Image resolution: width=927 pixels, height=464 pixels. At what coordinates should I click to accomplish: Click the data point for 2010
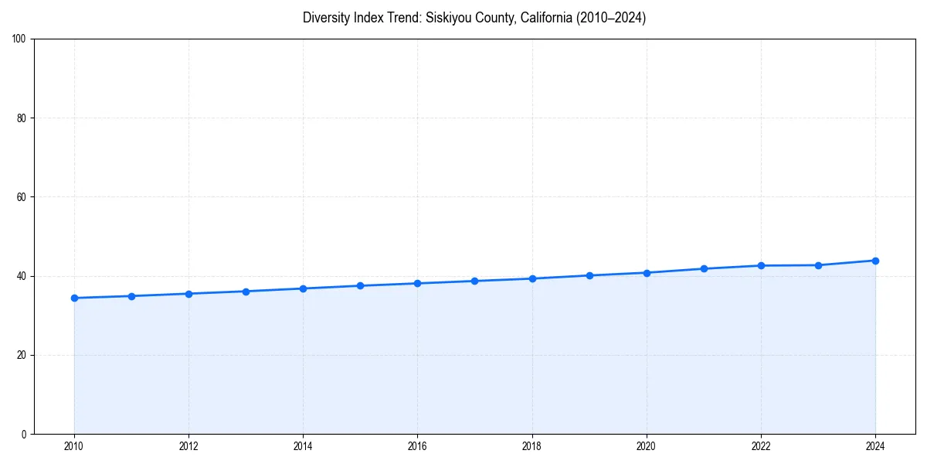tap(74, 298)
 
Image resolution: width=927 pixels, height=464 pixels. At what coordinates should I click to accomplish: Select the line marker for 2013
tap(246, 292)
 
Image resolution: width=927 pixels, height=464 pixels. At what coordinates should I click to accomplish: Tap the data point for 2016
tap(417, 283)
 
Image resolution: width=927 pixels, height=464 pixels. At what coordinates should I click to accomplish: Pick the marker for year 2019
tap(589, 275)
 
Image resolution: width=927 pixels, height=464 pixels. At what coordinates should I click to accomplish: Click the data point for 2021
tap(704, 268)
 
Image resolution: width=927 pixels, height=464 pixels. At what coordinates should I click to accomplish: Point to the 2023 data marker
tap(818, 265)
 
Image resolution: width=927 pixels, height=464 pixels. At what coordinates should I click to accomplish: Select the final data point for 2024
tap(875, 261)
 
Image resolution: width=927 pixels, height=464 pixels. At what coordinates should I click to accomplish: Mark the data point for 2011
tap(131, 296)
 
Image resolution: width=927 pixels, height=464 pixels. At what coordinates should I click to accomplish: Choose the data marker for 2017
tap(474, 281)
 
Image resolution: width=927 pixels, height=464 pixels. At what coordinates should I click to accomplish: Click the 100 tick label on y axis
tap(20, 39)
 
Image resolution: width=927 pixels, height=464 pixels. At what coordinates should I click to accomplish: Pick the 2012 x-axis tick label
tap(188, 446)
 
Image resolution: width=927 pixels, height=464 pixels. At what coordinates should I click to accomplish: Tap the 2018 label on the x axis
tap(531, 446)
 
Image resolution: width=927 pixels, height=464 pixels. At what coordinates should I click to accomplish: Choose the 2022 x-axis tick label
tap(761, 446)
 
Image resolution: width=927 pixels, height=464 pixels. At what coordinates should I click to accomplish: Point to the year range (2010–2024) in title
tap(610, 18)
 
